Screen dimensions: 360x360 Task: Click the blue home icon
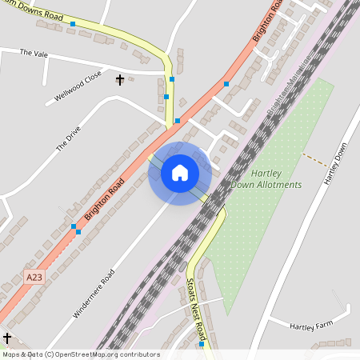click(x=180, y=173)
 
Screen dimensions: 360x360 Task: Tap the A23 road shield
click(x=33, y=277)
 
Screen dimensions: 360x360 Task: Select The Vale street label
click(x=34, y=53)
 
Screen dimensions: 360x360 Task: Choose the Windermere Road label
click(x=94, y=294)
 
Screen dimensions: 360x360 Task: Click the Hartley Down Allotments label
click(x=266, y=178)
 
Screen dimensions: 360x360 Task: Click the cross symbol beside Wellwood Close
click(x=120, y=79)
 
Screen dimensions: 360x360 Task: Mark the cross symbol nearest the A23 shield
click(x=7, y=338)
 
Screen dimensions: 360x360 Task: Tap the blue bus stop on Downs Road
click(x=73, y=25)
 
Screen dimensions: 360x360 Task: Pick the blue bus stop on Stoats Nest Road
click(x=201, y=345)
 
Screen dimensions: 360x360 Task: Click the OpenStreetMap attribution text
click(x=80, y=354)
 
